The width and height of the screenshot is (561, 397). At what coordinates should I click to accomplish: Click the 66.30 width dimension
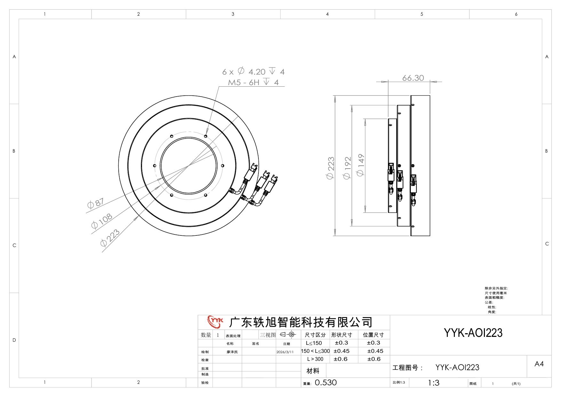413,78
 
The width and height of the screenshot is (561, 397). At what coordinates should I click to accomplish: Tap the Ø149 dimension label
360,165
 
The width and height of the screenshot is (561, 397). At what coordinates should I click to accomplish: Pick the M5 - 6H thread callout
253,82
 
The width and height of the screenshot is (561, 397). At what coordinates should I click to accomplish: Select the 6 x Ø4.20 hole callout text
253,71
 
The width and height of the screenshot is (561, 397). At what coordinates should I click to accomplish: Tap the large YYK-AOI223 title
473,333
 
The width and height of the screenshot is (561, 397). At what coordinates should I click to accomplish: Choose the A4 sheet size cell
539,364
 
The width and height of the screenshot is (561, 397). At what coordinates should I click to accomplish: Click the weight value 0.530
326,383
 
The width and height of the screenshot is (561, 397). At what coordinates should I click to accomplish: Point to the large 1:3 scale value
434,383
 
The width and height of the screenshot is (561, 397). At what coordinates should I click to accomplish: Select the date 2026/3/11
285,352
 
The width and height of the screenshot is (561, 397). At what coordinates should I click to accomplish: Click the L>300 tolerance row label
315,359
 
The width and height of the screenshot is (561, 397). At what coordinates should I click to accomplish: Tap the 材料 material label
313,371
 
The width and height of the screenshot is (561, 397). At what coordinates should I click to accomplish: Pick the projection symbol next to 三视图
288,335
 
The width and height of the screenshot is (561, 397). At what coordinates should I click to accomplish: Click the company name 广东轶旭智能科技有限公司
301,322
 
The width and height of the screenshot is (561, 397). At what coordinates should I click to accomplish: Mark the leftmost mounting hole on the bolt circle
155,166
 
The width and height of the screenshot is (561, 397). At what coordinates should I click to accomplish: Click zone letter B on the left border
14,151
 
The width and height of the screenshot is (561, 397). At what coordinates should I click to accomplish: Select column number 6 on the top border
516,14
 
